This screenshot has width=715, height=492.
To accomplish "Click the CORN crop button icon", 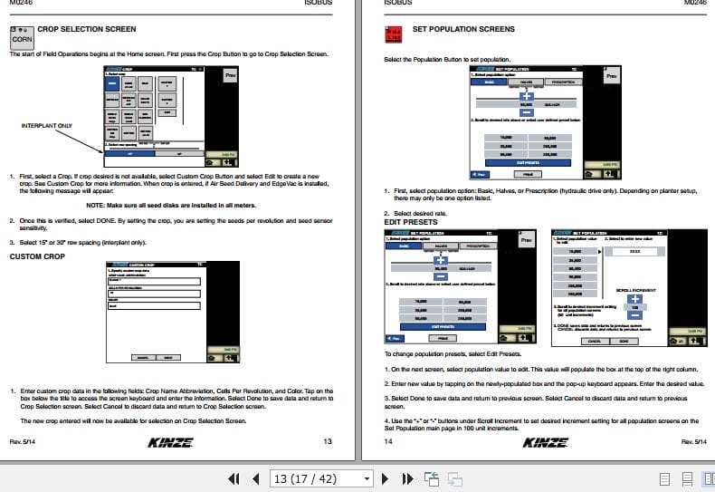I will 23,37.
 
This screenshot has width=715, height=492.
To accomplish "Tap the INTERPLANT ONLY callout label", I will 46,126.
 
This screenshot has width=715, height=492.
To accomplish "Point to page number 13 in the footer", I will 327,441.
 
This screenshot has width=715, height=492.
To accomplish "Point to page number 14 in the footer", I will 388,441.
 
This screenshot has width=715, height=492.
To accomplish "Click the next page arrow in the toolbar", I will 385,478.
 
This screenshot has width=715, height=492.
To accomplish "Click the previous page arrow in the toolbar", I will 255,478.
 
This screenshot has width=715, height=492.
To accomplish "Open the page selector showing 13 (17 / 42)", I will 321,478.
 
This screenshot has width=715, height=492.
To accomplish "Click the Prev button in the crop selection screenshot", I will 230,76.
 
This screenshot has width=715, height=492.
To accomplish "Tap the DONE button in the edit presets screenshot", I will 623,341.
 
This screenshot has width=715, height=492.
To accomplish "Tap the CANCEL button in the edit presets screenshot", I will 594,341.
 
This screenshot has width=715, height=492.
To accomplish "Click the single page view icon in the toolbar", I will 665,478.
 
